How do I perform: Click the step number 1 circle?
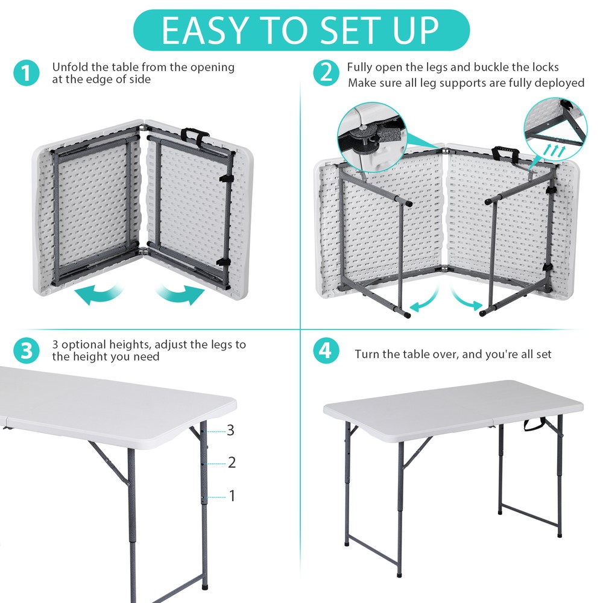tap(26, 74)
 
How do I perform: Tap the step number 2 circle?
tap(326, 74)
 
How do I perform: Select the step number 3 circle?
tap(26, 351)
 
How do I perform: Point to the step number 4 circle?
tap(326, 351)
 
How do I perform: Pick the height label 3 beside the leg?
tap(230, 431)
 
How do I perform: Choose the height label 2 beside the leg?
tap(232, 463)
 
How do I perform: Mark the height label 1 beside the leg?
tap(232, 496)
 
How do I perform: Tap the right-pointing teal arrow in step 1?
tap(181, 295)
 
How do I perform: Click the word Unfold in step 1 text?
tap(69, 67)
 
